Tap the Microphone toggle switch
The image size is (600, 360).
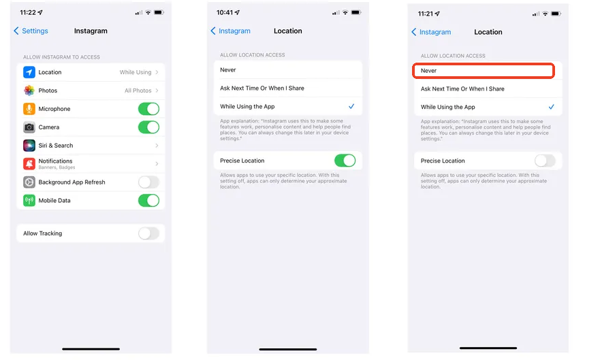[x=148, y=109]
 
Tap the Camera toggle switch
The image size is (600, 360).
[x=148, y=127]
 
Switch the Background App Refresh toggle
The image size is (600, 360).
[x=148, y=182]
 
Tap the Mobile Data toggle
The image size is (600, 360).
[x=148, y=201]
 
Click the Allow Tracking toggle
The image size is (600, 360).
[x=148, y=233]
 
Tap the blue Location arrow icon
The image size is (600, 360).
[x=29, y=72]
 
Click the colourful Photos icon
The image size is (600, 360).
[x=29, y=91]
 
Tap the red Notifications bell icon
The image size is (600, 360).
[x=29, y=164]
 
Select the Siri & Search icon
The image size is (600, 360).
[x=29, y=146]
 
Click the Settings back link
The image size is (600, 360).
[x=31, y=31]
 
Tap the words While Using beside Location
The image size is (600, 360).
[x=136, y=72]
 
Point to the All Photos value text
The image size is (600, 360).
[x=138, y=91]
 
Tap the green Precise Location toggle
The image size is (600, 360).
[x=345, y=161]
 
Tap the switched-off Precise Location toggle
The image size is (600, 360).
[x=545, y=161]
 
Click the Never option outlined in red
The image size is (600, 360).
[x=484, y=71]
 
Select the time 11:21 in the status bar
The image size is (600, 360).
[x=426, y=14]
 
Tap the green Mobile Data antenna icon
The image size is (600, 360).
[x=29, y=201]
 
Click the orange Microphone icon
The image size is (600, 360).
[x=29, y=109]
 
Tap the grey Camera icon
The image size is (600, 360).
[x=29, y=127]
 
